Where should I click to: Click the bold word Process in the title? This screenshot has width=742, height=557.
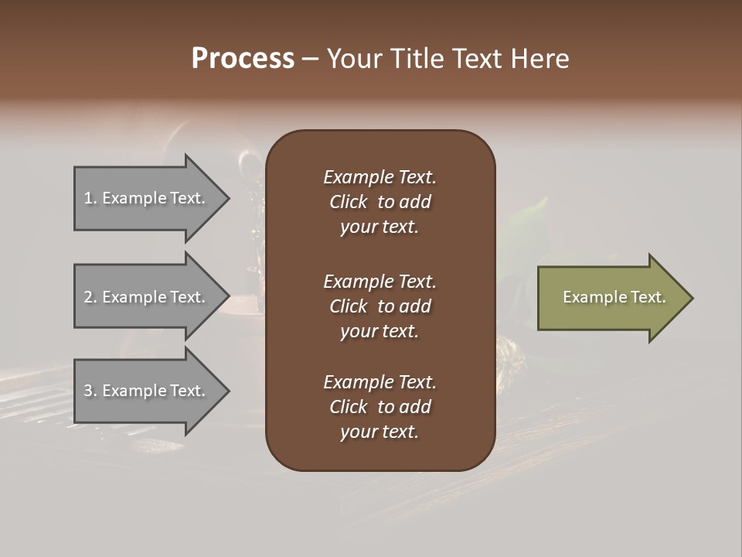(x=243, y=59)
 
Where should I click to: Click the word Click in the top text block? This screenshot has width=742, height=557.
(x=348, y=202)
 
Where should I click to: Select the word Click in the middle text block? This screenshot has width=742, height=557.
(x=348, y=306)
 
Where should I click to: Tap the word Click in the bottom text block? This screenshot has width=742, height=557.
(x=348, y=407)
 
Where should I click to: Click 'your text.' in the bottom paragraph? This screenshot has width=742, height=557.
(x=380, y=432)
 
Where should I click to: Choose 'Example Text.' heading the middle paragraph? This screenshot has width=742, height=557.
(x=380, y=282)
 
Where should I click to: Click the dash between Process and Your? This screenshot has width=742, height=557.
(x=310, y=60)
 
